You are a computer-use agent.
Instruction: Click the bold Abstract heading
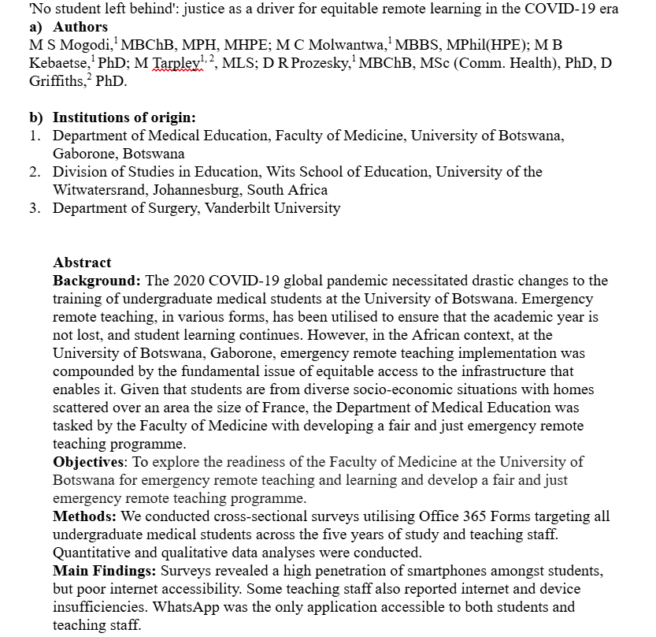tap(82, 263)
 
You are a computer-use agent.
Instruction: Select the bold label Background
tap(97, 281)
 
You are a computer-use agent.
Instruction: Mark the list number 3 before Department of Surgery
tap(35, 208)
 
